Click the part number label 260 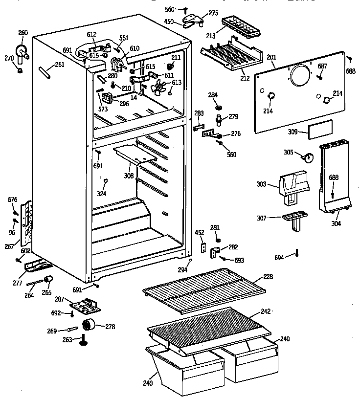23,33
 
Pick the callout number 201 271,57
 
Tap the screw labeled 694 296,253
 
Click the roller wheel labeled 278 90,325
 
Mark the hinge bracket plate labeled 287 88,306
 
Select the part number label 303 261,184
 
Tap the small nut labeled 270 20,71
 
